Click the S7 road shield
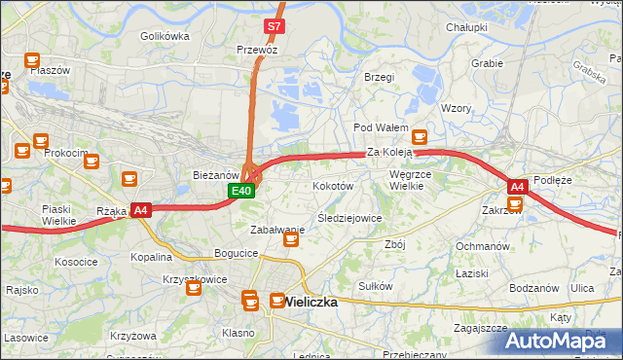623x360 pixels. tap(275, 26)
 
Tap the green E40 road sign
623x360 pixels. tap(242, 191)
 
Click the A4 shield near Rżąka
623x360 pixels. tap(140, 209)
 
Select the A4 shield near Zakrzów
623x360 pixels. tap(517, 186)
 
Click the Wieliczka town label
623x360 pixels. tap(311, 302)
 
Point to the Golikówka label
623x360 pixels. tap(164, 36)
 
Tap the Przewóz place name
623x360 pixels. tap(257, 49)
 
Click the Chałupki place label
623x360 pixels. tap(466, 27)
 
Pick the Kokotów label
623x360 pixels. tap(332, 185)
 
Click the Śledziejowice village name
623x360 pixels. tap(349, 218)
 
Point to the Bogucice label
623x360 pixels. tap(237, 253)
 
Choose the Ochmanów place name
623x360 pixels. tap(483, 246)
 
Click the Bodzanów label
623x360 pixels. tap(533, 288)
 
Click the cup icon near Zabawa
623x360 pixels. tap(290, 239)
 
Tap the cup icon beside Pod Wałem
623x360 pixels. tap(420, 137)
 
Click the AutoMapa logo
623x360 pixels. tap(563, 341)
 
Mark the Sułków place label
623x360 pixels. tap(375, 286)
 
